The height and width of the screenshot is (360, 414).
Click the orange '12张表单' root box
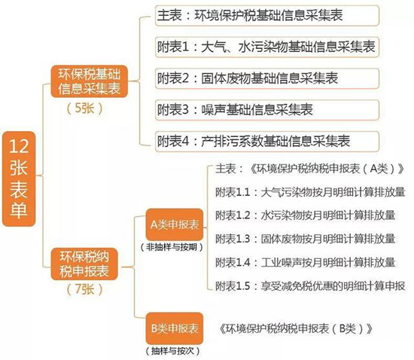pyautogui.click(x=19, y=178)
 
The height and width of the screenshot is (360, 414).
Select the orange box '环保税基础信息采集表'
pyautogui.click(x=90, y=81)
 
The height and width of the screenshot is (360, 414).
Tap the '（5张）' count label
pyautogui.click(x=84, y=108)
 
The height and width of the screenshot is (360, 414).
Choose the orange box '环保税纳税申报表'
pyautogui.click(x=84, y=264)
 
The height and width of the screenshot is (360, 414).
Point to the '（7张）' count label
pyautogui.click(x=84, y=289)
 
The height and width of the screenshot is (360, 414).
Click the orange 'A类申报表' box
pyautogui.click(x=175, y=224)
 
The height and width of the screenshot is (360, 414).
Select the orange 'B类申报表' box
pyautogui.click(x=175, y=328)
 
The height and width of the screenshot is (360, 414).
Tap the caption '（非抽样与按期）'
pyautogui.click(x=172, y=247)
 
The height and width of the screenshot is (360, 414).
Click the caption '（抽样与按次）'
pyautogui.click(x=172, y=351)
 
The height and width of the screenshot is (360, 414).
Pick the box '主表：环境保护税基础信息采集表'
pyautogui.click(x=267, y=15)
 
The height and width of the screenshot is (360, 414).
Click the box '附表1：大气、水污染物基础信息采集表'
pyautogui.click(x=267, y=47)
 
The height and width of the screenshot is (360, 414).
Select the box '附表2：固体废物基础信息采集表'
pyautogui.click(x=267, y=78)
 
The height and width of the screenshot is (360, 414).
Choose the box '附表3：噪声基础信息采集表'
pyautogui.click(x=267, y=110)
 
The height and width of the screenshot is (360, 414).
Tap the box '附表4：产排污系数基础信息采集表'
pyautogui.click(x=267, y=142)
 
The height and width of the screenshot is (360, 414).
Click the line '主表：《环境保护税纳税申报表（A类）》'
pyautogui.click(x=309, y=169)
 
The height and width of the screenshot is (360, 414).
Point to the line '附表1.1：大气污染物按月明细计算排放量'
pyautogui.click(x=310, y=192)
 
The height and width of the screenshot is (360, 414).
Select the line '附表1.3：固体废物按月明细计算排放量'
pyautogui.click(x=305, y=239)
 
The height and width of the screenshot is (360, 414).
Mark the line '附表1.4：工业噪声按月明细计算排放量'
pyautogui.click(x=305, y=262)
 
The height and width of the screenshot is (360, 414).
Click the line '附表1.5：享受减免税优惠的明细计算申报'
pyautogui.click(x=310, y=285)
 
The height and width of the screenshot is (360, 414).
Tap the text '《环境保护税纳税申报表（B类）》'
pyautogui.click(x=296, y=328)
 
